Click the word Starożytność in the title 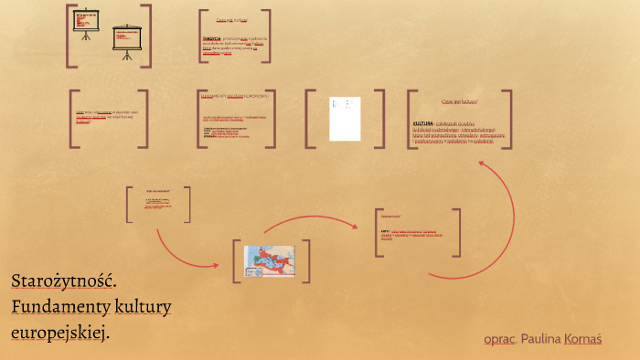pyautogui.click(x=64, y=282)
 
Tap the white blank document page pyautogui.click(x=345, y=119)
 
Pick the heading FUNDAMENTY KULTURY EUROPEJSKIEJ pyautogui.click(x=235, y=95)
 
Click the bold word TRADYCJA pyautogui.click(x=211, y=39)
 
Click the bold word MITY pyautogui.click(x=385, y=232)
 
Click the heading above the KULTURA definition pyautogui.click(x=459, y=101)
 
